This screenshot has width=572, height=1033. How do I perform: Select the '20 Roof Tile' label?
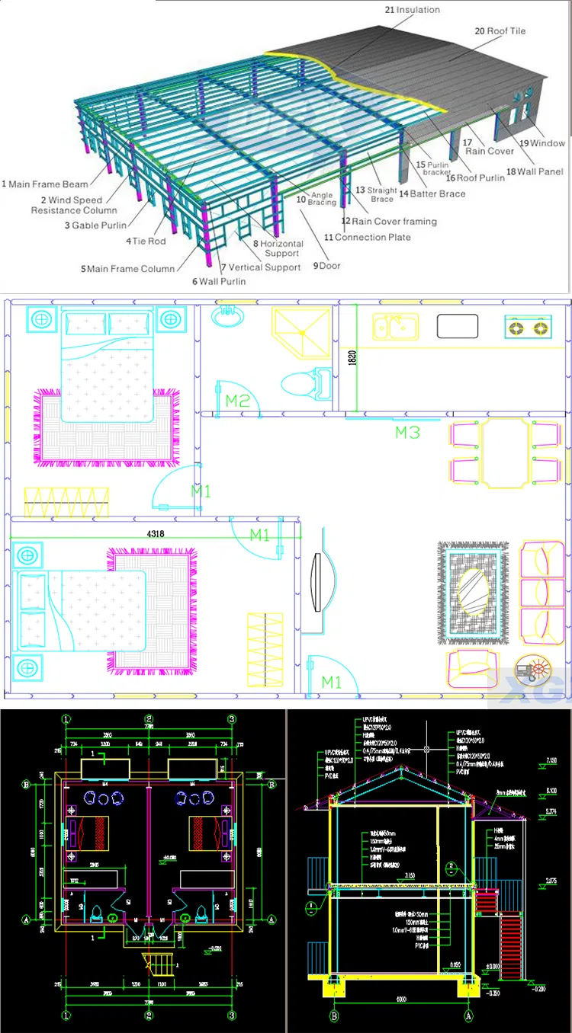500,31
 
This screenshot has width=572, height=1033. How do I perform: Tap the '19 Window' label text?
542,143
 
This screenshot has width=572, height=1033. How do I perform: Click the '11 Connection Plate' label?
368,238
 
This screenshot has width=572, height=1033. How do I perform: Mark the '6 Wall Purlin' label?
219,282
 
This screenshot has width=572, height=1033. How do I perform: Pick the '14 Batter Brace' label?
432,194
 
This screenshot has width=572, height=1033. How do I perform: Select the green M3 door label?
407,433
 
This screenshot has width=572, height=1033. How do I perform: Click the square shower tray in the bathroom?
302,332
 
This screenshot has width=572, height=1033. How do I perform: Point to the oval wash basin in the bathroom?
227,317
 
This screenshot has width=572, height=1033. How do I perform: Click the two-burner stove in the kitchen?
528,328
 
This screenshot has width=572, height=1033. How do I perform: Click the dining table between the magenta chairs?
503,453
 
